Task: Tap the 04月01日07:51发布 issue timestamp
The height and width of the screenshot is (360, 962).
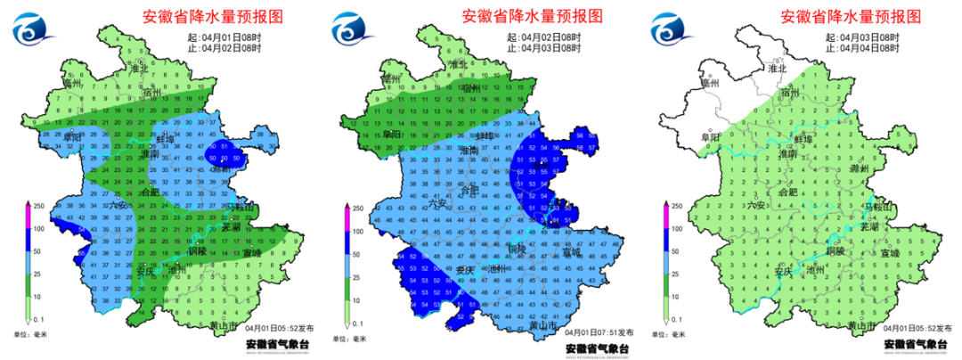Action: point(597,331)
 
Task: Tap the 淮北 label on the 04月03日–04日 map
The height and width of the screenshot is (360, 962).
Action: point(777,68)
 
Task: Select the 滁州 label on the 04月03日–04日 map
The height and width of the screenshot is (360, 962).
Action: point(860,168)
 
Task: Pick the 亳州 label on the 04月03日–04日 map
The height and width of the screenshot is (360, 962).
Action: point(710,83)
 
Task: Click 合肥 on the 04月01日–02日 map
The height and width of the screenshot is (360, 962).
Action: point(151,192)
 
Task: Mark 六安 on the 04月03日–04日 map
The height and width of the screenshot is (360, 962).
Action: point(756,205)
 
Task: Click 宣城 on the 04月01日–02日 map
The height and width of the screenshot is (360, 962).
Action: point(252,253)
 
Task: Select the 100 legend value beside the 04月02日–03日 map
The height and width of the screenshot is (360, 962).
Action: point(355,231)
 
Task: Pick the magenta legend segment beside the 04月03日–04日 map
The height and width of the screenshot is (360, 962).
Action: point(665,217)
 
